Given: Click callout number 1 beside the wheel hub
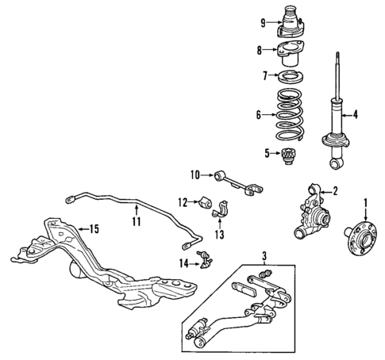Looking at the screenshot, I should tap(364, 202).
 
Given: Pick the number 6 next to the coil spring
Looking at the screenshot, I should tap(258, 115).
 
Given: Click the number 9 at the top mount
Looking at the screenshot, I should tap(263, 22).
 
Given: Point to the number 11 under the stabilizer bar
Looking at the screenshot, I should tap(136, 222).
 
